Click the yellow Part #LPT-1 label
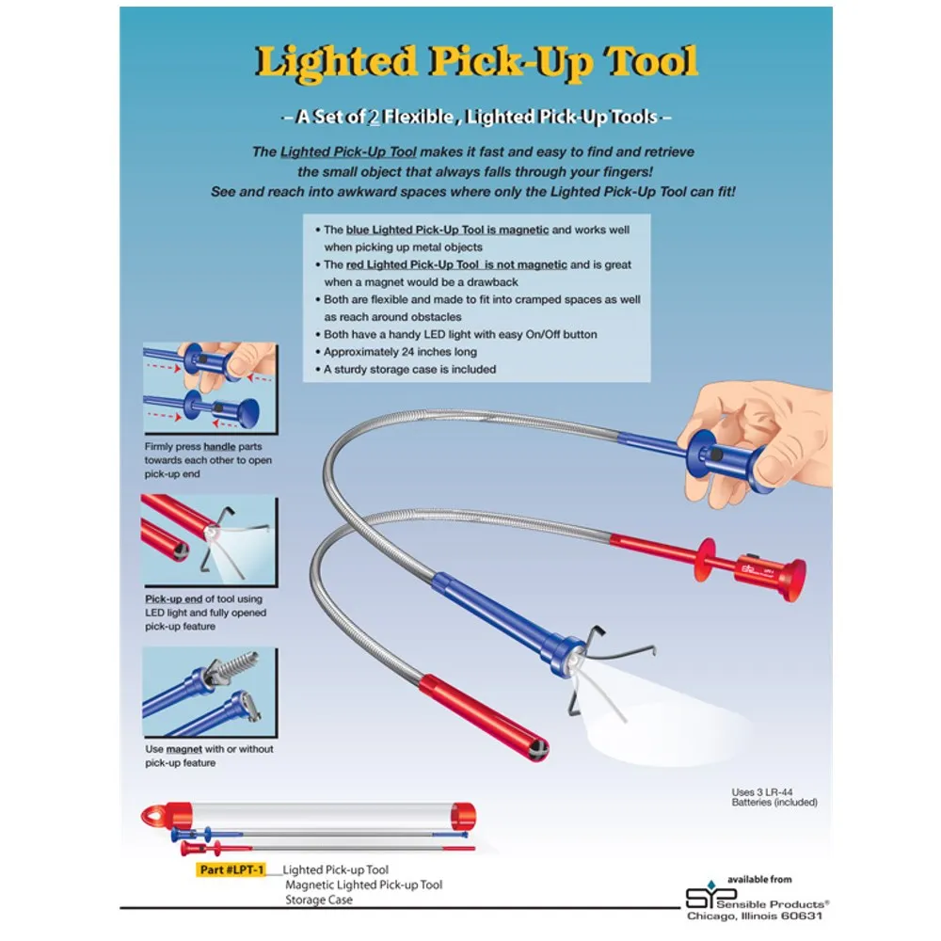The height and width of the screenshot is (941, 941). (231, 869)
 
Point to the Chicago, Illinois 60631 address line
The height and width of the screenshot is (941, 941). (755, 917)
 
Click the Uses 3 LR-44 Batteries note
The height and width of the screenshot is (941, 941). (774, 797)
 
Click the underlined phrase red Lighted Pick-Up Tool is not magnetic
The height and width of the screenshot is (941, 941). (456, 264)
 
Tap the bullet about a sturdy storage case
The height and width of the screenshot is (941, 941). (406, 369)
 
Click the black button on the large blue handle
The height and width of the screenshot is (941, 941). (715, 455)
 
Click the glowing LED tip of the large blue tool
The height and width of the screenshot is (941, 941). (576, 661)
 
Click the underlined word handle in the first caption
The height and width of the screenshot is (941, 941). (219, 446)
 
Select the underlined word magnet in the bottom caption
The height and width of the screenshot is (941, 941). (183, 749)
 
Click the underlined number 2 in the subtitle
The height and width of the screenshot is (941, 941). (374, 117)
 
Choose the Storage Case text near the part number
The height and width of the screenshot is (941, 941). (319, 900)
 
